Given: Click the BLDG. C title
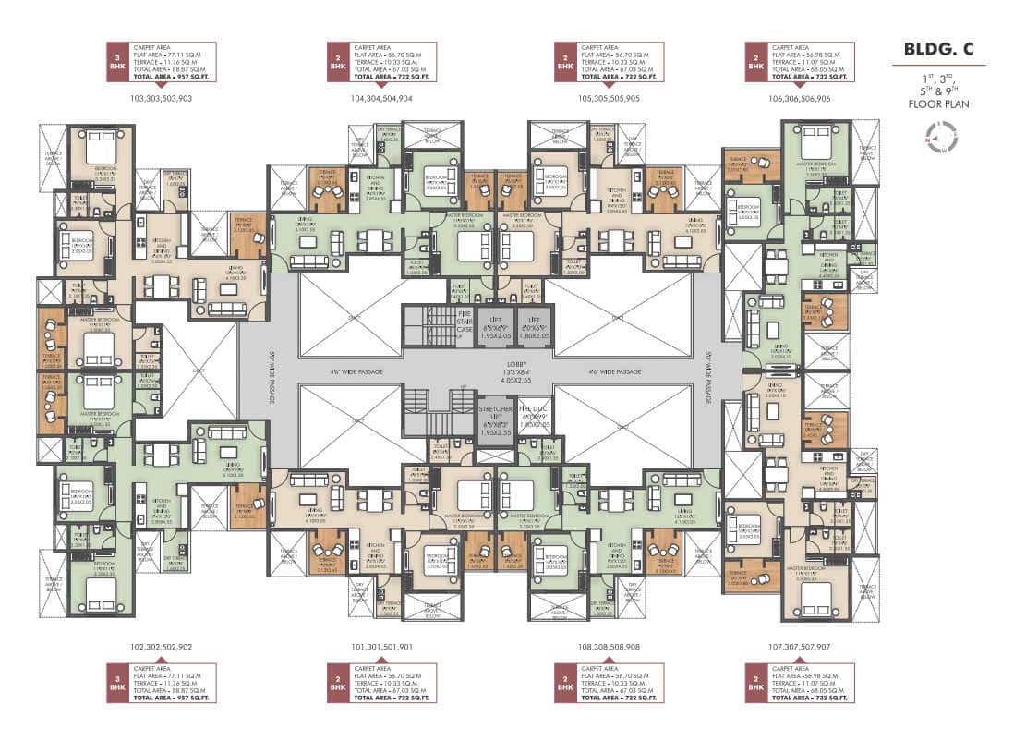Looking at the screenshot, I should click(938, 49).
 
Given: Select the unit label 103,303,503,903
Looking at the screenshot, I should click(163, 97).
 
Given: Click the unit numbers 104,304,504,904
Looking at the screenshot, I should click(381, 97).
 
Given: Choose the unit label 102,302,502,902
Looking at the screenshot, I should click(163, 647).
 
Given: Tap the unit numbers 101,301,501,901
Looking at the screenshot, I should click(381, 647).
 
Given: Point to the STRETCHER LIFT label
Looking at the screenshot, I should click(489, 413).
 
